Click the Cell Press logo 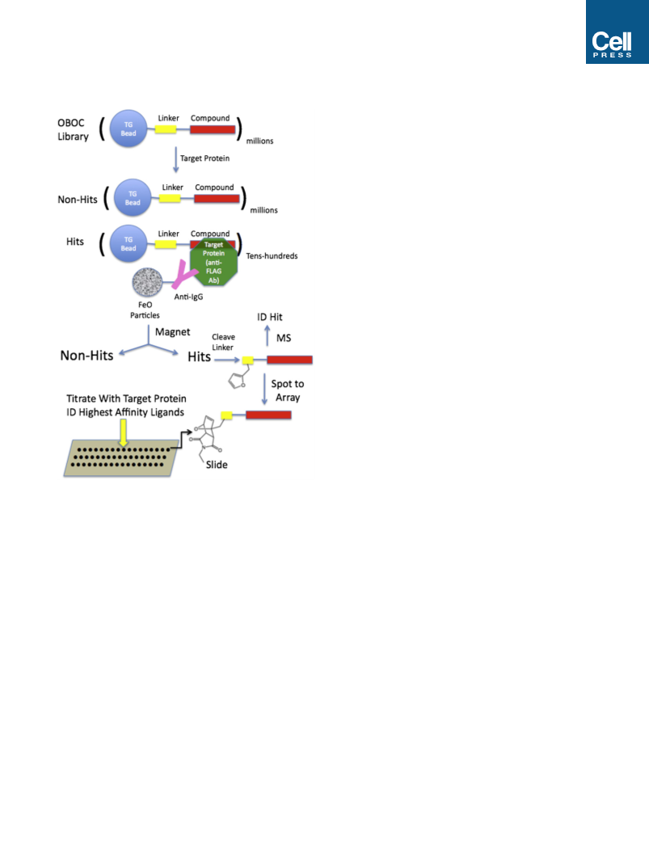[x=617, y=32]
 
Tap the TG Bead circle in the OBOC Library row [x=128, y=129]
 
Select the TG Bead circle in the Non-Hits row [x=133, y=198]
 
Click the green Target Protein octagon [x=213, y=263]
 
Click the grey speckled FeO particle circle [x=147, y=282]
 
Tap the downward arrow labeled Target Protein [x=175, y=160]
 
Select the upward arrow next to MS [x=268, y=335]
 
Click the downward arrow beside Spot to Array [x=264, y=390]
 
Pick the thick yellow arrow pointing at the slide [x=124, y=433]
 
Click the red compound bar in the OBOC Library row [x=213, y=129]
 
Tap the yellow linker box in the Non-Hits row [x=170, y=198]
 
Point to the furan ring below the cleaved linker [x=237, y=381]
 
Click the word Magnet [x=173, y=331]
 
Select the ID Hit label [x=269, y=317]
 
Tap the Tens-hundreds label [x=272, y=256]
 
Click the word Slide [x=217, y=465]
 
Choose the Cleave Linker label [x=222, y=342]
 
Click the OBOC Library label [x=73, y=129]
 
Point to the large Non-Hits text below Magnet [x=86, y=356]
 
